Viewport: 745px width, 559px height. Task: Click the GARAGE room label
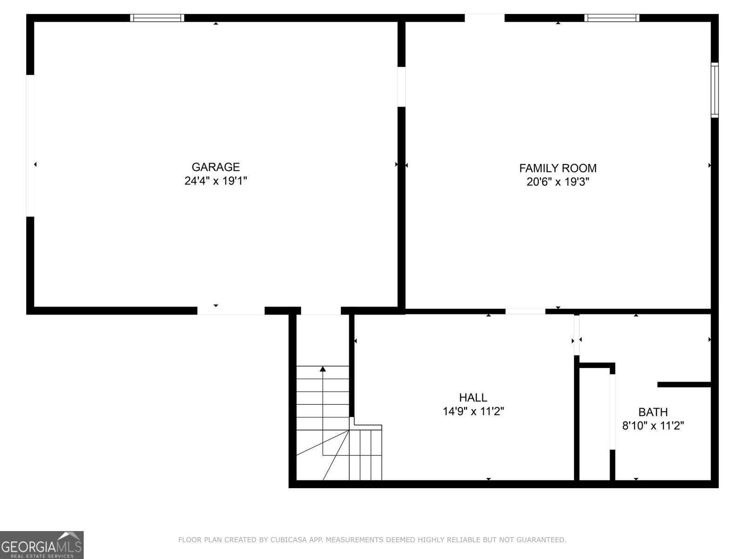(216, 167)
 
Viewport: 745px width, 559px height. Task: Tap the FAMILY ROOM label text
(558, 168)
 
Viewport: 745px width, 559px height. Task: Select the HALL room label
(473, 397)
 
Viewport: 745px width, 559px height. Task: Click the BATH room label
(653, 412)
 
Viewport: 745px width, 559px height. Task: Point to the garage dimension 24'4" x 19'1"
(216, 181)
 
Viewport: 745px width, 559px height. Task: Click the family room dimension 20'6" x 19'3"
(558, 182)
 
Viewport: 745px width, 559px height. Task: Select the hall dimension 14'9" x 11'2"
(473, 411)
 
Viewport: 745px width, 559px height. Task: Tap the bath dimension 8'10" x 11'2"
(653, 426)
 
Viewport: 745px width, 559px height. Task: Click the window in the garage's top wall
(157, 18)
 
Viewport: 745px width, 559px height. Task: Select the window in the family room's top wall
(612, 18)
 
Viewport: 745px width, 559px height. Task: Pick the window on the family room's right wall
(715, 90)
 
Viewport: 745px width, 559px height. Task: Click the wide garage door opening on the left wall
(30, 146)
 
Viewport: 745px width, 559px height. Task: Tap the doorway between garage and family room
(401, 87)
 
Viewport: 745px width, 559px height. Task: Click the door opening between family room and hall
(525, 312)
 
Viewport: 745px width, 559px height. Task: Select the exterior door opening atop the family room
(485, 18)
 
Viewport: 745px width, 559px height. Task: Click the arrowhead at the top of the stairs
(323, 369)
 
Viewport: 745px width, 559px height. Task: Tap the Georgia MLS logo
(42, 545)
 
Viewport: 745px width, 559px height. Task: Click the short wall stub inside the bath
(684, 385)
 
